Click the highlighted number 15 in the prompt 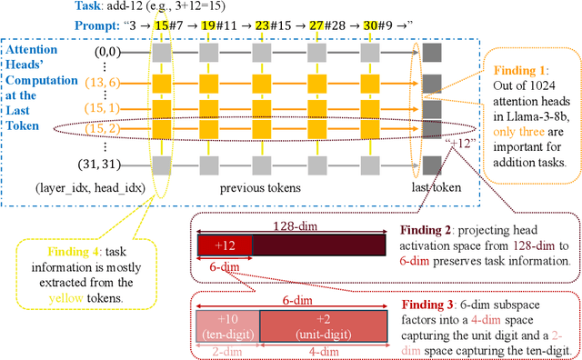[162, 26]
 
